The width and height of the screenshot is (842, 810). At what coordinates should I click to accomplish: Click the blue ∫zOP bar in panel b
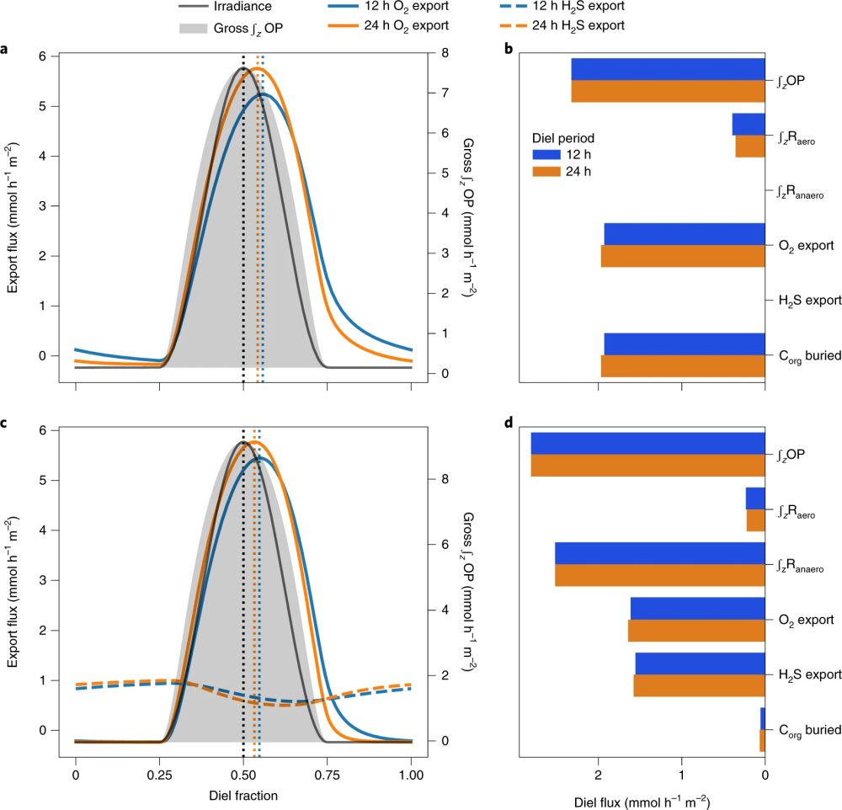(x=668, y=69)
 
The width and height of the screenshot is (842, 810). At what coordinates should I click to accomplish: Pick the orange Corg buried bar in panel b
(x=683, y=366)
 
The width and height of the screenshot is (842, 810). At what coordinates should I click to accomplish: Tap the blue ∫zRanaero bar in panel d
(x=659, y=553)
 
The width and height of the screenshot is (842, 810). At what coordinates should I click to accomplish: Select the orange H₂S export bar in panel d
(x=699, y=685)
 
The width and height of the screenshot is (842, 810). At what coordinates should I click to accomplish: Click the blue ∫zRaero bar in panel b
(x=748, y=124)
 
